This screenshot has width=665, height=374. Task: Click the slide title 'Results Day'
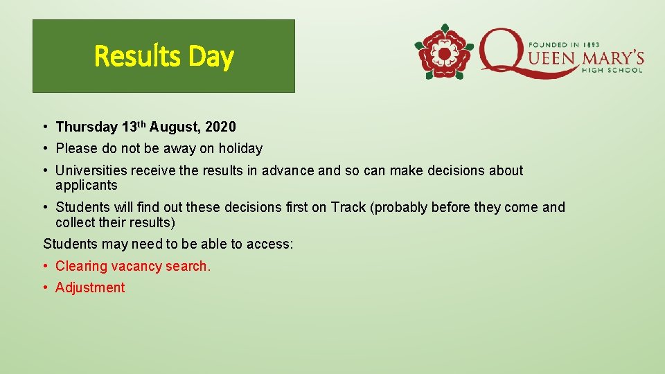click(163, 56)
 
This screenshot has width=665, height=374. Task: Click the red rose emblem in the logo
click(443, 52)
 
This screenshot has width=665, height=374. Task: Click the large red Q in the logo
click(506, 52)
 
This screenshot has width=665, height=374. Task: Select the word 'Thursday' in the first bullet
click(87, 127)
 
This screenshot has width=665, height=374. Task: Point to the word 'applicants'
click(87, 186)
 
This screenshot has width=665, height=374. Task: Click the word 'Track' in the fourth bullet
click(348, 207)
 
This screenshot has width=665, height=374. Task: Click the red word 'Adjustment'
click(90, 287)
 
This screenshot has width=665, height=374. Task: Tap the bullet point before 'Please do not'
click(44, 148)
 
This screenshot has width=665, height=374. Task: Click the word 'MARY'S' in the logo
click(613, 57)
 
